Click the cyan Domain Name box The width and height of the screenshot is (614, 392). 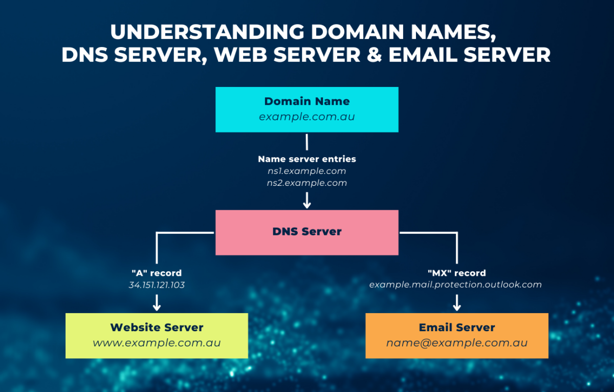[307, 110]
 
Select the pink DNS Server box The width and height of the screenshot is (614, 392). [307, 232]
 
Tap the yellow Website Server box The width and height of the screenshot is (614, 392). [157, 335]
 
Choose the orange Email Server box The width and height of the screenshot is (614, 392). [457, 335]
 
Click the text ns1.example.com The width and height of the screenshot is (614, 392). [306, 171]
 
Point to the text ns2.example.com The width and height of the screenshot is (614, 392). [306, 183]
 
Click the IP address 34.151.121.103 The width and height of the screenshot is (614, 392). [157, 285]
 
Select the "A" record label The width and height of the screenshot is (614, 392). [157, 273]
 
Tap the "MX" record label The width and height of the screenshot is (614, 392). [456, 273]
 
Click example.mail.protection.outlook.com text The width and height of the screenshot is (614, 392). [455, 285]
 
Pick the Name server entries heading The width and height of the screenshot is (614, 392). [306, 159]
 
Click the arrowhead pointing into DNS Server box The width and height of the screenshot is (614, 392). [307, 204]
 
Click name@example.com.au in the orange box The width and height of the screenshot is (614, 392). [457, 343]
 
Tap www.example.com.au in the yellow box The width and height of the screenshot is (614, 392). [157, 343]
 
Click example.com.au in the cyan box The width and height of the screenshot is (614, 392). [307, 117]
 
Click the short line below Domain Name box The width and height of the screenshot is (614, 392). [307, 142]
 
